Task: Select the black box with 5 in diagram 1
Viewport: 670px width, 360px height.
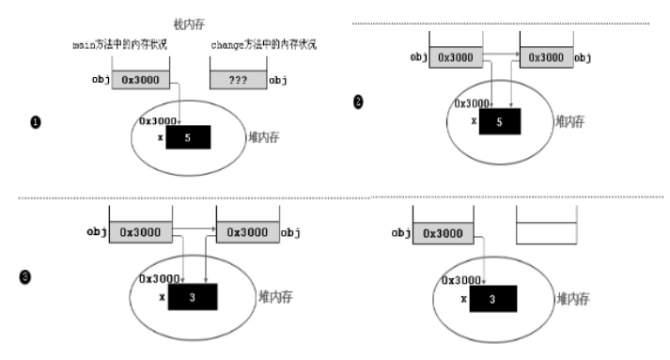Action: (x=188, y=137)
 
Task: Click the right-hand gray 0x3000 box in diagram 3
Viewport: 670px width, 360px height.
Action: (x=246, y=232)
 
